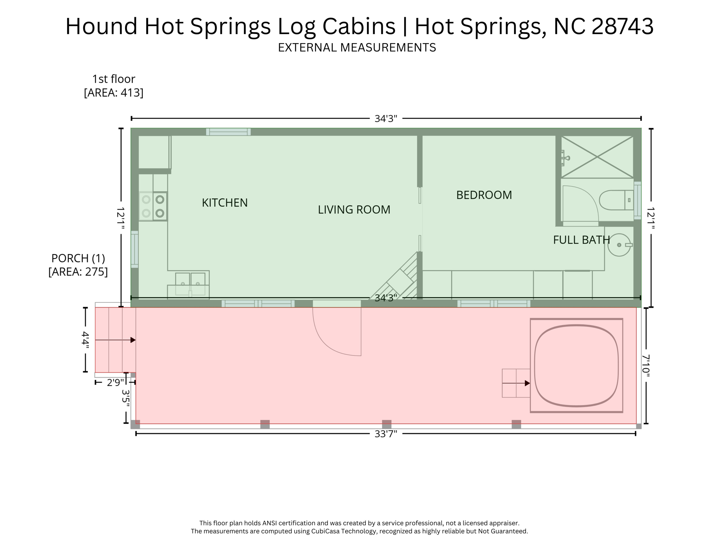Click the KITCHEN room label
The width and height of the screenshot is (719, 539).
[225, 203]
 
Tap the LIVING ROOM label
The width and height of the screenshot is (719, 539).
[354, 210]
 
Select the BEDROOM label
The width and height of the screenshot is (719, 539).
[484, 195]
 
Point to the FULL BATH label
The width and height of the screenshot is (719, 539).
[581, 240]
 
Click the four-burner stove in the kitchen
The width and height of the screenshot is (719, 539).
[153, 206]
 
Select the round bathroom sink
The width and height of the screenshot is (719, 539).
[619, 245]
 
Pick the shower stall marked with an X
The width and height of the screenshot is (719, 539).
[597, 157]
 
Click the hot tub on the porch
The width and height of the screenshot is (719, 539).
[576, 366]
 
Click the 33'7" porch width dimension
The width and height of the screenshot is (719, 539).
[385, 434]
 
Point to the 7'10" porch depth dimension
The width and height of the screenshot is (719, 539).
[646, 366]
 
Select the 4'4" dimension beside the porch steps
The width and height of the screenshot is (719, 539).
[85, 339]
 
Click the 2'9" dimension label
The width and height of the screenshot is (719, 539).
[115, 382]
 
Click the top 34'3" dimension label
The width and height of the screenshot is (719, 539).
[385, 119]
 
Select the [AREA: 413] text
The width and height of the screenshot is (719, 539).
[113, 93]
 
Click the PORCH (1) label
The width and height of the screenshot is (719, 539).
[78, 258]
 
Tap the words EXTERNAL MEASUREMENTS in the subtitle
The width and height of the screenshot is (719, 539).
[357, 47]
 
